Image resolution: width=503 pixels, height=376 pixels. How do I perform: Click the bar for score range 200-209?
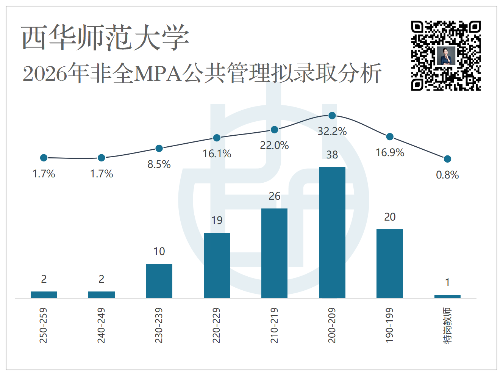pos(332,233)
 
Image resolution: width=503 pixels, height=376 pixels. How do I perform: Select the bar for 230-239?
pos(159,281)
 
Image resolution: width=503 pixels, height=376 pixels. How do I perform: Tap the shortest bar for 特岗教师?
pos(447,296)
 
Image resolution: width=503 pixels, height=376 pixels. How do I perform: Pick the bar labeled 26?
pos(274,253)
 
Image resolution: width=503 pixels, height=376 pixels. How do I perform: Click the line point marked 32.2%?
pos(332,116)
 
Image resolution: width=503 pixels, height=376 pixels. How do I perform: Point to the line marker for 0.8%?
pos(447,159)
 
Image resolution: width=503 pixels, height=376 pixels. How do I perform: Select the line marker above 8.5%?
pos(159,148)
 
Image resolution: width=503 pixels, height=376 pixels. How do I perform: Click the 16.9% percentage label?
pos(390,153)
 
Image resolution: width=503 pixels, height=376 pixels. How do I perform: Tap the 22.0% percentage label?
pos(274,145)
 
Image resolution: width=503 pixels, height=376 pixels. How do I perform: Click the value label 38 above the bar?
pos(332,155)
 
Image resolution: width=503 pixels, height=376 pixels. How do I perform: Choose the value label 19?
pos(217,220)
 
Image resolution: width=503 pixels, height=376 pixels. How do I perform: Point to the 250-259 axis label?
pos(43,325)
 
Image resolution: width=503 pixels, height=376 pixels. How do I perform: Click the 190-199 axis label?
pos(389,325)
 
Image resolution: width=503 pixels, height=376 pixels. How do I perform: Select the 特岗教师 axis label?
pos(447,326)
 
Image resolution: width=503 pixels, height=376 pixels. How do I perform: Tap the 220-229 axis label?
pos(216,325)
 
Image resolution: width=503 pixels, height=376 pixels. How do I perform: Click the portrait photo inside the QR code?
pos(446,56)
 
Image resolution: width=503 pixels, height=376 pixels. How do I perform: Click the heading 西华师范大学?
pos(105,38)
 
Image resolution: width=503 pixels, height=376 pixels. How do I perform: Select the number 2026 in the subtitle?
pos(45,74)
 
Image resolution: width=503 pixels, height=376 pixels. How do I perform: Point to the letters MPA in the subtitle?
pos(158,74)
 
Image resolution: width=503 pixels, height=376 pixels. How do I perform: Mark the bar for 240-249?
pos(102,295)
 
